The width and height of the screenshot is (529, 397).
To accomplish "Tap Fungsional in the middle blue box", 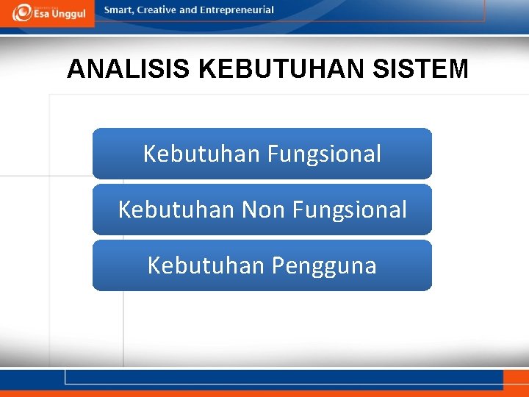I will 349,210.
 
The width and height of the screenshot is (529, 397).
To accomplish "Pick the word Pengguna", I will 324,265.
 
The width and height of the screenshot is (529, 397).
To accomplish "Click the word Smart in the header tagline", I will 119,10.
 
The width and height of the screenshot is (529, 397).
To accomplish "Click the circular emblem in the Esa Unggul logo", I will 22,12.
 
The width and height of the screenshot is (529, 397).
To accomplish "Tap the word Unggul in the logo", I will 72,15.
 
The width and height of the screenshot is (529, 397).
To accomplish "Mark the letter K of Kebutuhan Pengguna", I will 154,265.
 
